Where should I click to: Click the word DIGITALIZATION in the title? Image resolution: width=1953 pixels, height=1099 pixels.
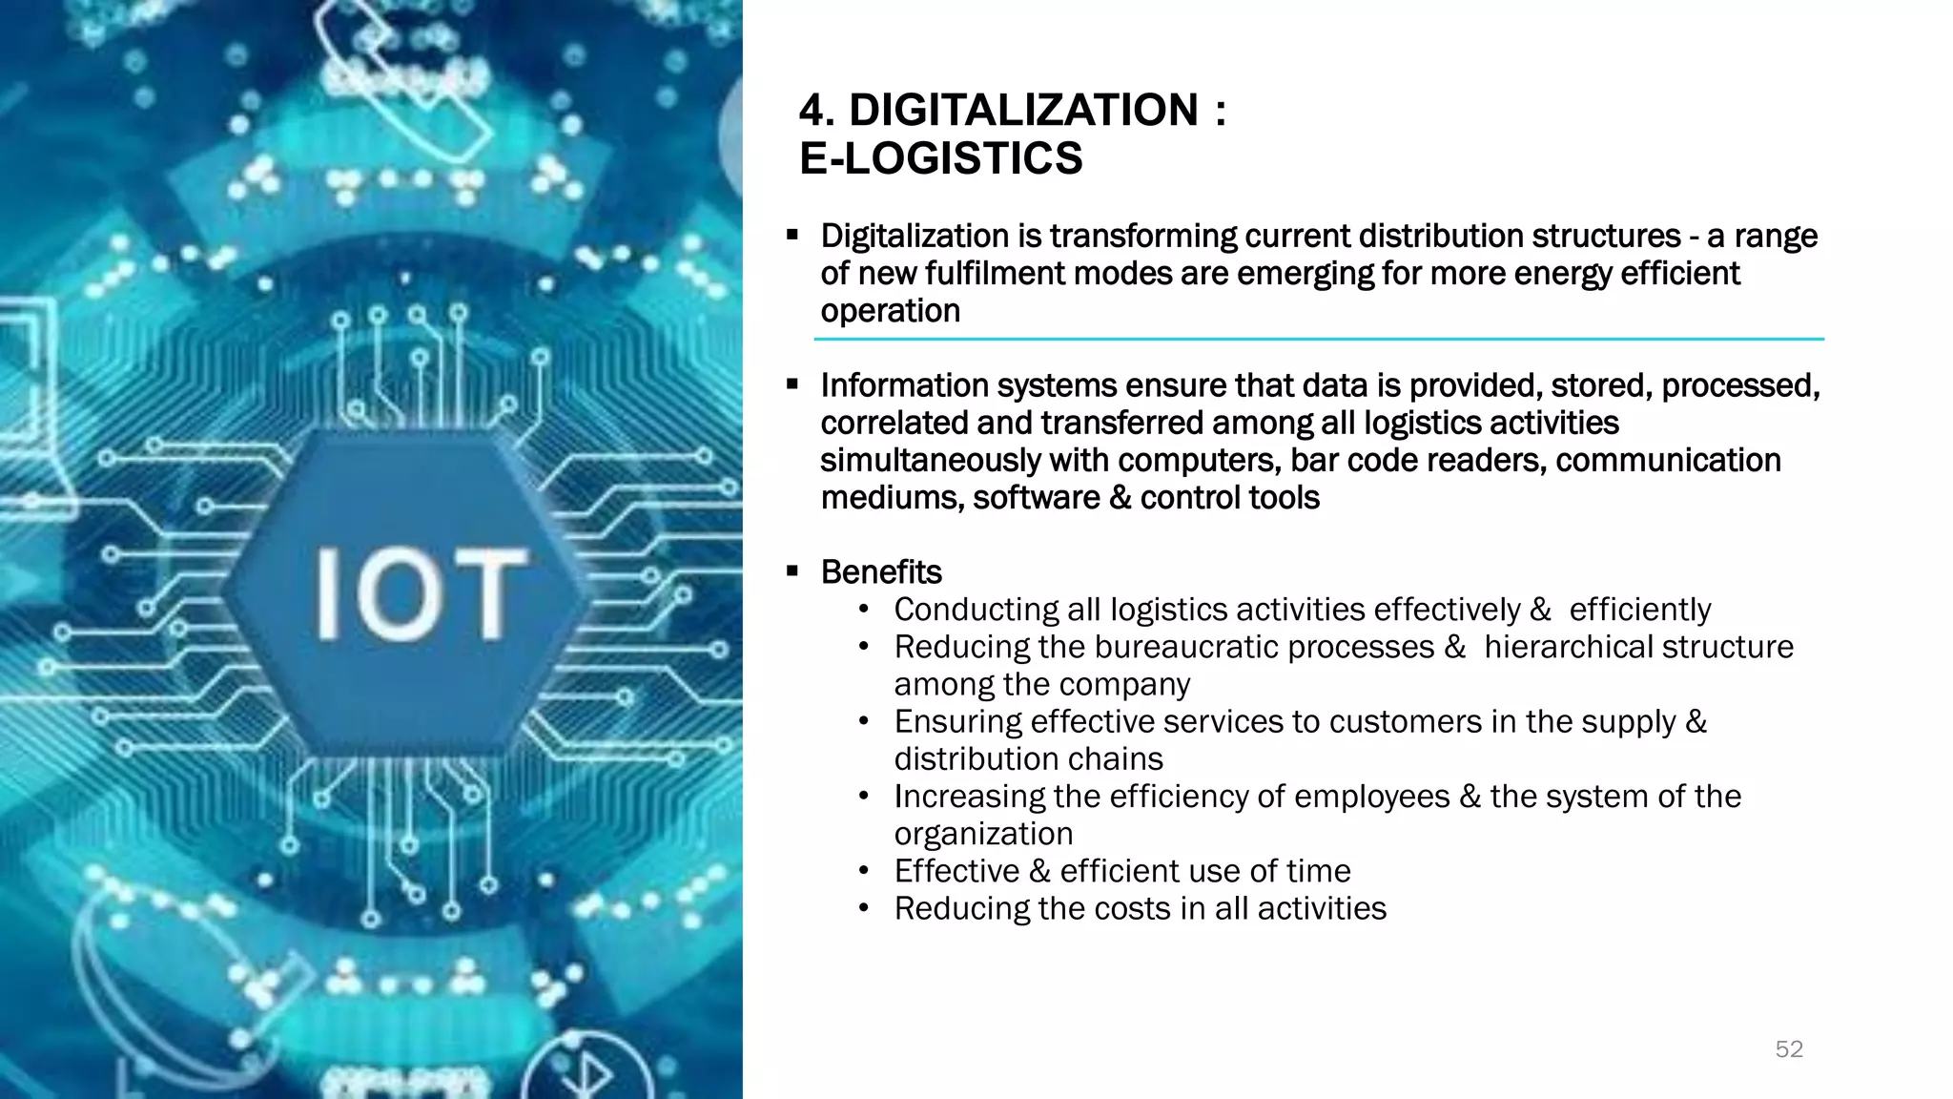point(1023,111)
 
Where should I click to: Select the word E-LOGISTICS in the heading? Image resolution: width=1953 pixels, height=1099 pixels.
point(941,158)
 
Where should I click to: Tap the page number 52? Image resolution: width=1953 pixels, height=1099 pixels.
point(1789,1049)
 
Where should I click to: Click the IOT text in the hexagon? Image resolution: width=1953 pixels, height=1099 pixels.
point(420,593)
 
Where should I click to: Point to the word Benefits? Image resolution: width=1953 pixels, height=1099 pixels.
point(881,572)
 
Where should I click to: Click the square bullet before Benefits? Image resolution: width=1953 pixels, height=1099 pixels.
point(792,572)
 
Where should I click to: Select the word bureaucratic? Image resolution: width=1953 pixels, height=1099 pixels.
point(1186,647)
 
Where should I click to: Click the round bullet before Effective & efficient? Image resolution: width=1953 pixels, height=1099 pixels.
point(864,871)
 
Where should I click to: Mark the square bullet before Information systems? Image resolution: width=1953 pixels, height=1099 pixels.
point(792,385)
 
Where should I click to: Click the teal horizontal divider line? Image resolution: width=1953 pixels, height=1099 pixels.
point(1319,339)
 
